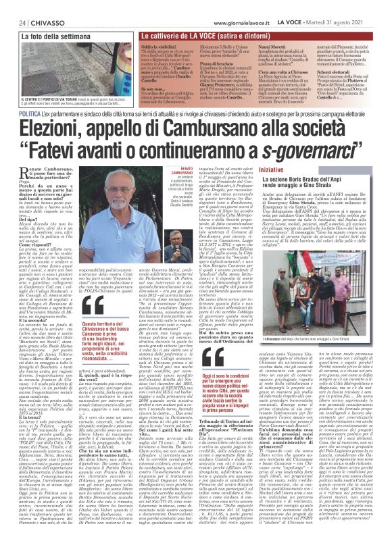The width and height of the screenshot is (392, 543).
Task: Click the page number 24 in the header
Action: [14, 6]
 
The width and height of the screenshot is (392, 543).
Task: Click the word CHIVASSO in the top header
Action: [41, 6]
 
